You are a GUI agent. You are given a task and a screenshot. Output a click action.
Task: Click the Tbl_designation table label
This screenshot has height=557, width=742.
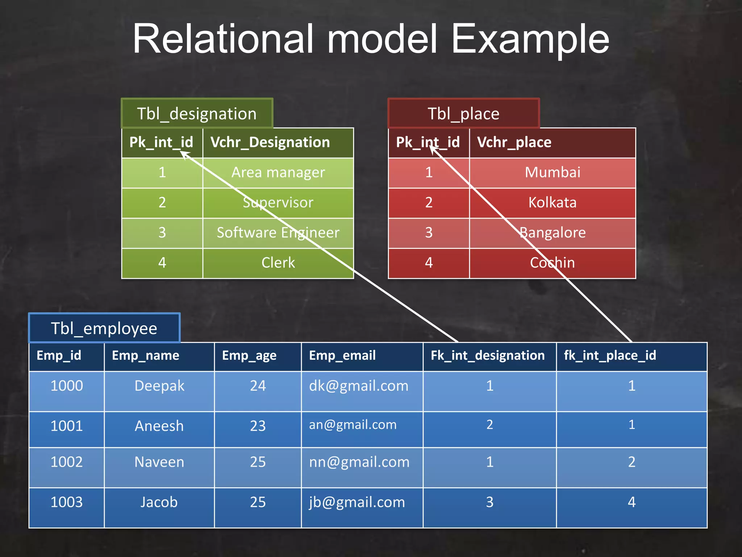click(197, 114)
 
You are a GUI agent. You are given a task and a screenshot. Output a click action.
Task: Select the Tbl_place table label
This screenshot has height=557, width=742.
click(463, 114)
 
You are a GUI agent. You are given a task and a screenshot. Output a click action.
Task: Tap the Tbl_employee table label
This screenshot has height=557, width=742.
click(104, 329)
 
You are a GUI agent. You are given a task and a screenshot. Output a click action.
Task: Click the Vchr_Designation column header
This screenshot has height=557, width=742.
click(270, 142)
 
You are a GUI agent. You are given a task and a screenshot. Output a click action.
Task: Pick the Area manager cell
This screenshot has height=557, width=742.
click(278, 173)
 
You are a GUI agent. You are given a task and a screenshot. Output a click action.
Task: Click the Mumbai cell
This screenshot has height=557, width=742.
click(552, 172)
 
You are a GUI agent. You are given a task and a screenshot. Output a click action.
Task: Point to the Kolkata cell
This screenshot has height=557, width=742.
click(552, 202)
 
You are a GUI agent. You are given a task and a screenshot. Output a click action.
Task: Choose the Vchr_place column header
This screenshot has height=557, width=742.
click(514, 142)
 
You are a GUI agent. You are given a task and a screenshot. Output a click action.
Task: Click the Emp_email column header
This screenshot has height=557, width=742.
click(342, 355)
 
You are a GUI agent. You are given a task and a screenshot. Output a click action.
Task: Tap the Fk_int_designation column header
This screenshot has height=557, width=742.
click(487, 355)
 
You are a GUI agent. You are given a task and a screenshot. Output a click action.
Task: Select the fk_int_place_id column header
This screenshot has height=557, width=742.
click(610, 355)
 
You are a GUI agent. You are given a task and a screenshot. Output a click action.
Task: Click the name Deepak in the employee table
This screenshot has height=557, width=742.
click(159, 386)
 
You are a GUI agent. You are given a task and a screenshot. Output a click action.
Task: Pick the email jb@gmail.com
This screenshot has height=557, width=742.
click(357, 503)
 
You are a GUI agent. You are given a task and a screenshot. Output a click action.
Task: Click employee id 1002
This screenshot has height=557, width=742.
click(67, 462)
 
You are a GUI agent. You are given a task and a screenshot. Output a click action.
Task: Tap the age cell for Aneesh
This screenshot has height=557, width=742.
click(258, 426)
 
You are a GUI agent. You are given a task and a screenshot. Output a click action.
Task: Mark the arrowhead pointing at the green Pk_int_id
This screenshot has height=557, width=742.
click(183, 154)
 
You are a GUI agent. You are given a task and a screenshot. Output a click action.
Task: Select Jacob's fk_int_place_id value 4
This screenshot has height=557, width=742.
click(631, 503)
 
